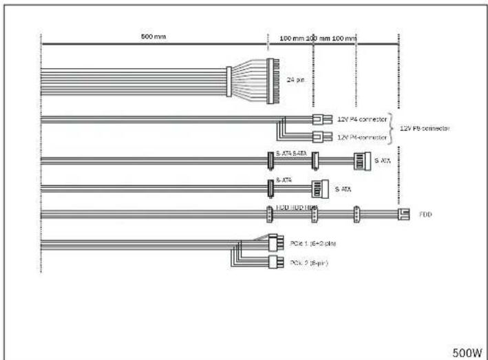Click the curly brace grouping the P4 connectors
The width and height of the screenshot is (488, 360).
[x=393, y=128]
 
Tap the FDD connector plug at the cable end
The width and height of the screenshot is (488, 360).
[x=404, y=214]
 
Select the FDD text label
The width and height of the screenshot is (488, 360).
[x=425, y=214]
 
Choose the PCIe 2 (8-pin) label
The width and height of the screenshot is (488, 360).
[x=308, y=262]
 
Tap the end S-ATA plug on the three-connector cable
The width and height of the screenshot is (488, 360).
[x=362, y=161]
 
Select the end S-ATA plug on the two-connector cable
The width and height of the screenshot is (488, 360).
[x=317, y=187]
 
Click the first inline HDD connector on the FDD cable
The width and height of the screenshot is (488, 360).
[x=270, y=215]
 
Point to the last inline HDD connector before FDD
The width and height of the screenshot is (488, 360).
[x=356, y=215]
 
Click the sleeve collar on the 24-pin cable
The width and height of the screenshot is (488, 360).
[x=229, y=80]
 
